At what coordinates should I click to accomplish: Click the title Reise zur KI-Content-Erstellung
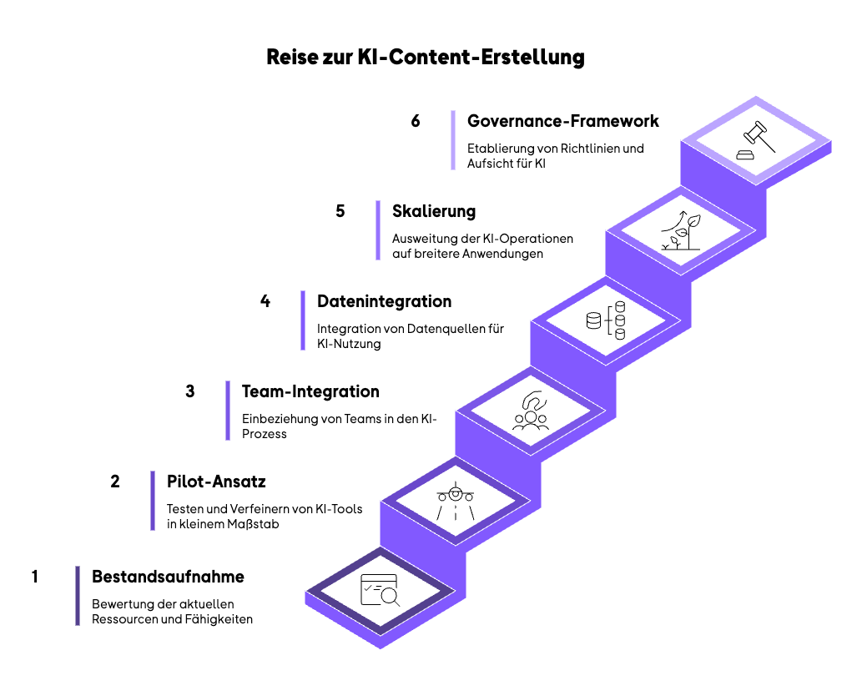[426, 58]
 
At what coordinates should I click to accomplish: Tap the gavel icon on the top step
[755, 141]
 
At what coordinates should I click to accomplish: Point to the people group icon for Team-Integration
[531, 410]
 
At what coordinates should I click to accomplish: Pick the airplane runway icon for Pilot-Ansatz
[456, 502]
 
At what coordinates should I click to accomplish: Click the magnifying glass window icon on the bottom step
[381, 591]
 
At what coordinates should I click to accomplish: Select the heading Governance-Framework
[562, 121]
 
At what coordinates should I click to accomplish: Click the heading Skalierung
[434, 211]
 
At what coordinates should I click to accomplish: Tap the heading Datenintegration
[384, 301]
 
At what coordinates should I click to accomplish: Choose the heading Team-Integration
[310, 391]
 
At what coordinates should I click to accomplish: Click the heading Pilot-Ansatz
[216, 482]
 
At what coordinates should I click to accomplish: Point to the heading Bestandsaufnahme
[168, 577]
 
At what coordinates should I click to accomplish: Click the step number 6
[416, 121]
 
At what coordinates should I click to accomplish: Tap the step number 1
[35, 577]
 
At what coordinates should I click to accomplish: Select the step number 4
[265, 301]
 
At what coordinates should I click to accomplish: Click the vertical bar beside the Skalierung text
[377, 229]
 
